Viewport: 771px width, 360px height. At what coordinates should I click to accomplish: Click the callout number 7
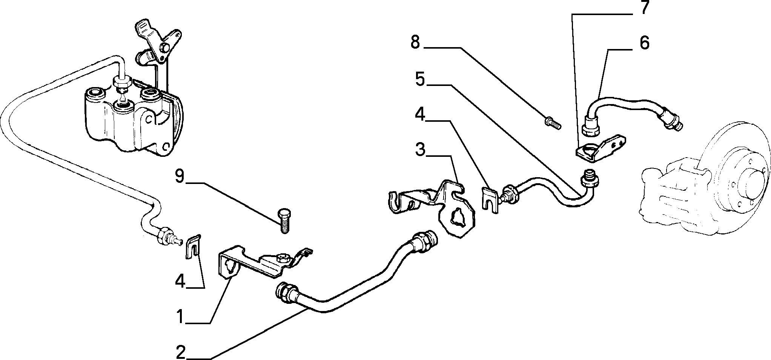(x=643, y=8)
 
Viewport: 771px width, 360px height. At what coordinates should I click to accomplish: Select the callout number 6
(x=644, y=43)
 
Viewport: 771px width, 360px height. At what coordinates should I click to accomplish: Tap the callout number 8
(x=415, y=42)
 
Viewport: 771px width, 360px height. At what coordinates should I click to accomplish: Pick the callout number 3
(x=420, y=150)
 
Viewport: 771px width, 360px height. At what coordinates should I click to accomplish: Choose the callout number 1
(x=181, y=317)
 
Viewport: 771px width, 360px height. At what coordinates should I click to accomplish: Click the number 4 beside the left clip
(x=180, y=281)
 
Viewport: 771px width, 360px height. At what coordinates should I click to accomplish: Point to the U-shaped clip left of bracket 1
(x=194, y=247)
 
